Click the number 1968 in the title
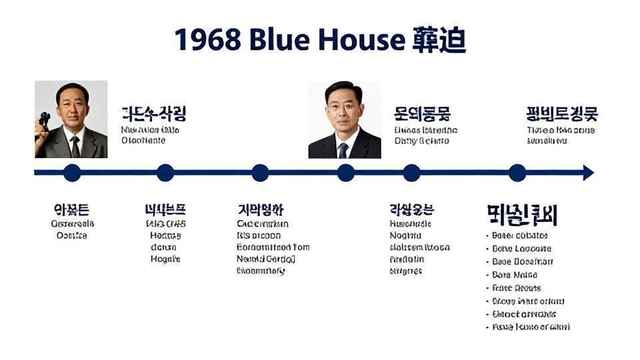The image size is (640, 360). click(x=208, y=40)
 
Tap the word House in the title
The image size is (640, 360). click(x=360, y=40)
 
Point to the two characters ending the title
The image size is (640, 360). click(x=439, y=40)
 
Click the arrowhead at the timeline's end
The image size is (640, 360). click(x=587, y=173)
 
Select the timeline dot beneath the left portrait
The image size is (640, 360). click(x=72, y=173)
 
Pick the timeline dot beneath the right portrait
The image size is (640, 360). click(x=345, y=173)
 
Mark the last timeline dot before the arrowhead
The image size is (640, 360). click(x=517, y=173)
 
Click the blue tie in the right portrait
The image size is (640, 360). click(x=343, y=149)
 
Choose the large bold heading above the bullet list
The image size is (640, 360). click(x=522, y=215)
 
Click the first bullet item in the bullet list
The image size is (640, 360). click(x=519, y=235)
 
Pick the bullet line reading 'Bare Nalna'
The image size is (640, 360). click(x=514, y=275)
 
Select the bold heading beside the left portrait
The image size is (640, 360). click(x=153, y=113)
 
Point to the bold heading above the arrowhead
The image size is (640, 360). click(x=561, y=114)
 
